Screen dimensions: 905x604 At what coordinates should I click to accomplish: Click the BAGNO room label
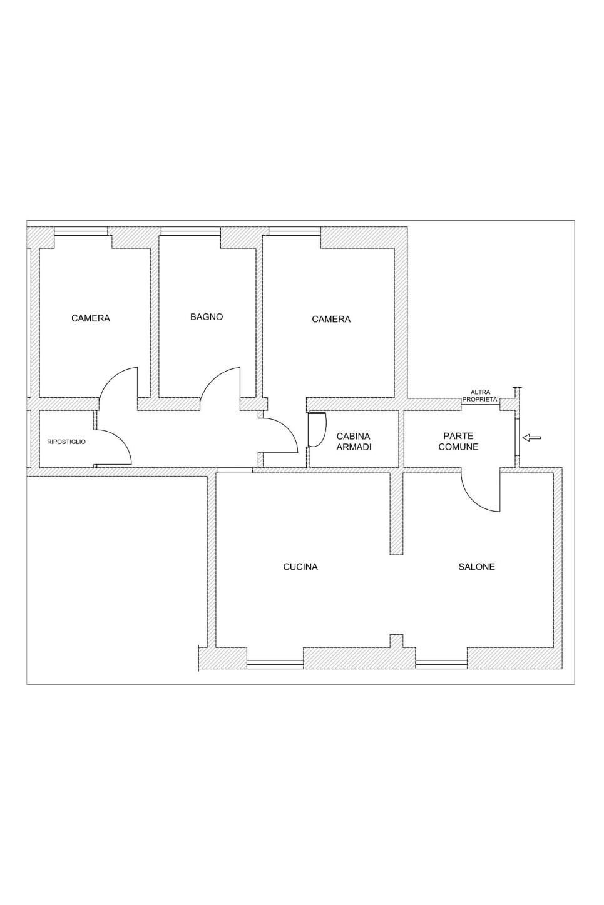pos(207,317)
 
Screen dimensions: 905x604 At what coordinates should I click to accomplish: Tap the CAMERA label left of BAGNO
pos(91,318)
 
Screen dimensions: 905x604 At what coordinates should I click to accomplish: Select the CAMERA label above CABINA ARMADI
pos(331,320)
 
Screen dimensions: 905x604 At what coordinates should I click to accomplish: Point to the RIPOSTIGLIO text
pos(66,442)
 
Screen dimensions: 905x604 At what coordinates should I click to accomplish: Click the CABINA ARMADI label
pos(354,442)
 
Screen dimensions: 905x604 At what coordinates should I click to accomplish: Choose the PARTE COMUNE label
pos(458,442)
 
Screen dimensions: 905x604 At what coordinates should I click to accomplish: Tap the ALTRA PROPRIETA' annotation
pos(480,395)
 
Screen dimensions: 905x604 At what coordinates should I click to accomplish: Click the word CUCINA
pos(300,567)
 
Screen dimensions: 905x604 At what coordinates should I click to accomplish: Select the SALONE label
pos(476,567)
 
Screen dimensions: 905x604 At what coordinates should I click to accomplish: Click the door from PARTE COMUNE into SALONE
pos(481,490)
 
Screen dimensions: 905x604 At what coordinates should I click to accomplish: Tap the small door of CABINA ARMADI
pos(317,430)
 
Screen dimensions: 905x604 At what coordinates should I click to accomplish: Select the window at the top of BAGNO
pos(190,231)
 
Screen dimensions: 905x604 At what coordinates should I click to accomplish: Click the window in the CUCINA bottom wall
pos(275,664)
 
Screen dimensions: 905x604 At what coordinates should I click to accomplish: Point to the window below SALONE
pos(441,664)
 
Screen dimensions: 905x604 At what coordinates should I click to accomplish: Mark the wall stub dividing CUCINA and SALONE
pos(396,513)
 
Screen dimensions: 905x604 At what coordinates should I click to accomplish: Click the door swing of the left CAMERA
pos(119,383)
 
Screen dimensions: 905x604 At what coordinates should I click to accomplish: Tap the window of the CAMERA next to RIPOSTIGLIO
pos(82,231)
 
